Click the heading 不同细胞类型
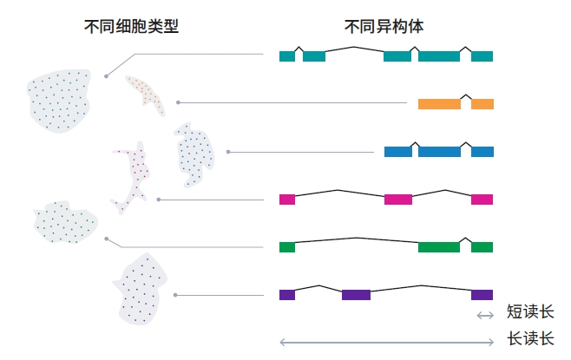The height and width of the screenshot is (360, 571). click(x=131, y=26)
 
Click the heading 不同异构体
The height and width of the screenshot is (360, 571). click(x=383, y=26)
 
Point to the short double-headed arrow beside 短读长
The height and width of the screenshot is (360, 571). click(x=484, y=315)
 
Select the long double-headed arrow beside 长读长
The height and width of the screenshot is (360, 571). click(x=386, y=342)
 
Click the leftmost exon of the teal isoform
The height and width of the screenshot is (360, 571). click(x=287, y=56)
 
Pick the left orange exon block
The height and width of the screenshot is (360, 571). click(x=439, y=104)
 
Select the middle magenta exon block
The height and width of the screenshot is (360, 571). click(x=397, y=200)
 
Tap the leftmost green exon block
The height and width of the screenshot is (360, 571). click(x=287, y=247)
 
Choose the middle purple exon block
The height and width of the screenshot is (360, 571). click(x=356, y=295)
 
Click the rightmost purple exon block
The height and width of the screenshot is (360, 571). click(x=482, y=295)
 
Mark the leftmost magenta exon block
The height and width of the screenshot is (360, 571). click(x=287, y=200)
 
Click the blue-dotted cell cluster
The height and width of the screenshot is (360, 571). click(x=194, y=154)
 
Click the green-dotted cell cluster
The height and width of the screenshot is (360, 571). click(x=63, y=221)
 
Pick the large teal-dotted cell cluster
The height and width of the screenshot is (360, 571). click(x=59, y=98)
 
